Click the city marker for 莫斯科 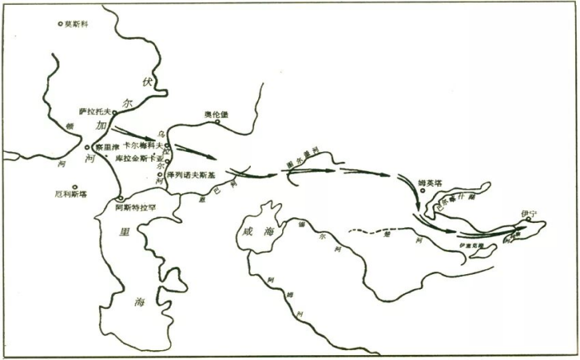point(60,23)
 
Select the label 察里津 point(106,147)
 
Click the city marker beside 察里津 point(87,146)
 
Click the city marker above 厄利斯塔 point(74,187)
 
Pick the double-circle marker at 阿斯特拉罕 point(120,198)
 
